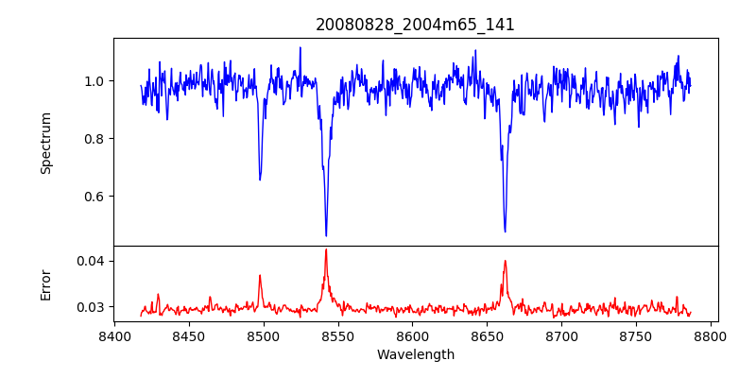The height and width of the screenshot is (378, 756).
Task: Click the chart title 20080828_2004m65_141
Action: coord(416,25)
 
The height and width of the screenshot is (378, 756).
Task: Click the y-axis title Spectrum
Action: coord(45,143)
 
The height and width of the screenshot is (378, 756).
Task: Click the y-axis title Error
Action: coord(45,284)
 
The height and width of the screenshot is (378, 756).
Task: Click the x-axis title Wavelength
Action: coord(416,355)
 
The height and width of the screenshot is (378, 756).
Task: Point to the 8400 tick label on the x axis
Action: coord(114,336)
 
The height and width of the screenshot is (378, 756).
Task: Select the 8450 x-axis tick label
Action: coord(189,336)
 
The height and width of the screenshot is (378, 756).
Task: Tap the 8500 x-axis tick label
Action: coord(264,336)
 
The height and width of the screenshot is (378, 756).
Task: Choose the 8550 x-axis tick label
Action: coord(338,336)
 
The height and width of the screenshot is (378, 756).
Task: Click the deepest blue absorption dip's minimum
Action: coord(326,235)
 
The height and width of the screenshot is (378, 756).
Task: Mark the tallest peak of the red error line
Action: coord(326,249)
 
